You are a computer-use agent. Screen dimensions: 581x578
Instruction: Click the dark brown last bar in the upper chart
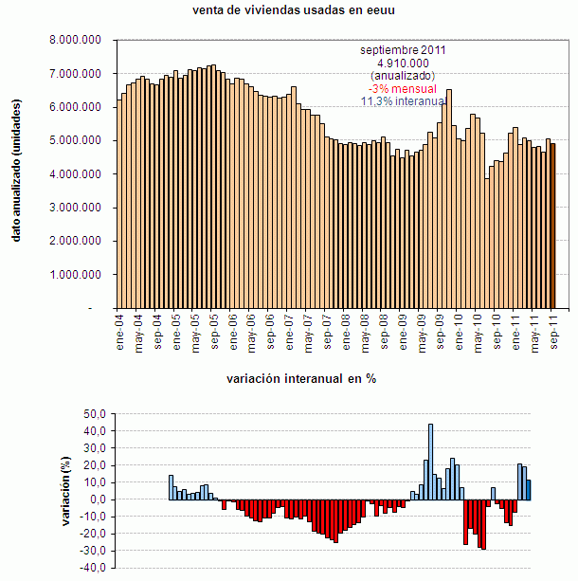[553, 227]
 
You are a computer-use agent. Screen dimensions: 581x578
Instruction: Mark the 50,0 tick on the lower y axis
[95, 414]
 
